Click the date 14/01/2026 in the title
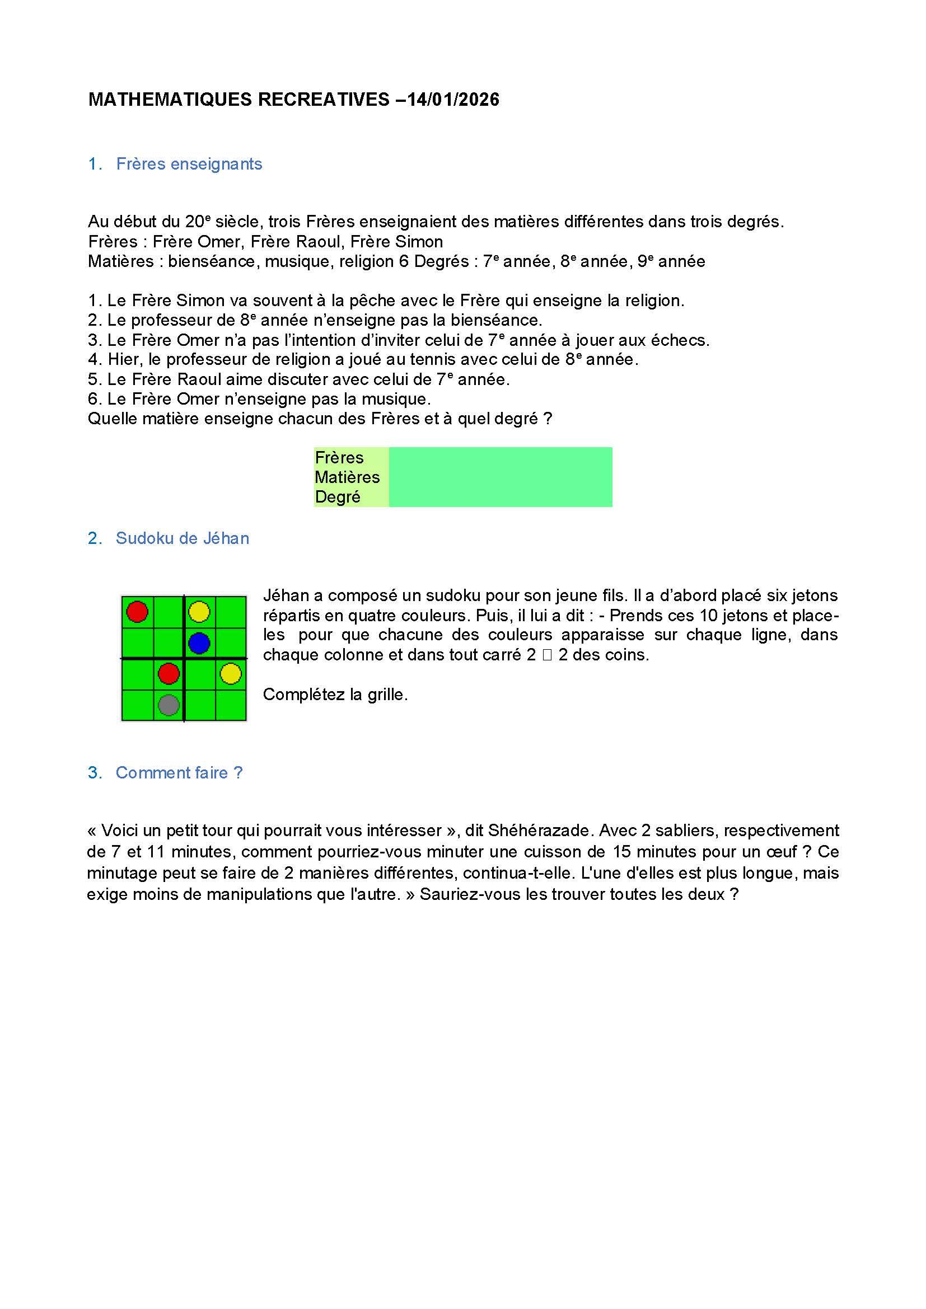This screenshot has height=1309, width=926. pos(453,100)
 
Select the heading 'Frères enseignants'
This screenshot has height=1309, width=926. pos(189,164)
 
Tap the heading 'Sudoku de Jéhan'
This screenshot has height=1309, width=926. pos(182,538)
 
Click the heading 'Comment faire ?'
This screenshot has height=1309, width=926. pos(179,772)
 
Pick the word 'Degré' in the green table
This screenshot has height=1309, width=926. pos(338,497)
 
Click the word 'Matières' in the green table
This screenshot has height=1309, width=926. pos(347,477)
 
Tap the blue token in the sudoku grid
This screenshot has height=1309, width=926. pos(199,643)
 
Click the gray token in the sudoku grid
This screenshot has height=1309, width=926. pos(169,705)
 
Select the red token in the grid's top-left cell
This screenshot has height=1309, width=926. pos(137,612)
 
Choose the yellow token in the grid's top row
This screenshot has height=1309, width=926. pos(199,612)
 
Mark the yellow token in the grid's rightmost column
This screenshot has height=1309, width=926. pos(230,674)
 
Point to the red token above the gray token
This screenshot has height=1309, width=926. pos(169,674)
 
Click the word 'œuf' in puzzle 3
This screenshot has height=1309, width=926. pos(783,852)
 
